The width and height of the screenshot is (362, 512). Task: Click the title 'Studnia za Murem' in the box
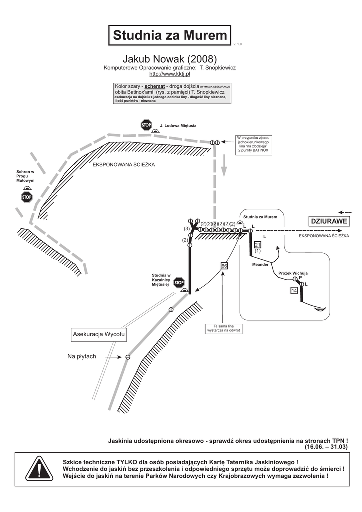(x=170, y=35)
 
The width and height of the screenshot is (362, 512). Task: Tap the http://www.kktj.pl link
(x=170, y=74)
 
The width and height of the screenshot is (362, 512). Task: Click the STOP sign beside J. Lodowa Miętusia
(x=146, y=125)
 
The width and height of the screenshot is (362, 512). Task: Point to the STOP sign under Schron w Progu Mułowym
(x=27, y=197)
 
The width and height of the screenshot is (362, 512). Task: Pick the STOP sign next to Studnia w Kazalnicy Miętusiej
(x=179, y=283)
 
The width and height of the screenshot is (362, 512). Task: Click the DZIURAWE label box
(x=328, y=221)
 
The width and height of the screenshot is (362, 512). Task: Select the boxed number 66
(x=224, y=266)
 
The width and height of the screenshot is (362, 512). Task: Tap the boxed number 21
(x=258, y=244)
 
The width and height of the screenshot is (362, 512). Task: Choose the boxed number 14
(x=294, y=290)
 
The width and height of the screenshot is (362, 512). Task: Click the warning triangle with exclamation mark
(x=39, y=469)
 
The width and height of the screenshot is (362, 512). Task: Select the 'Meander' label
(x=260, y=264)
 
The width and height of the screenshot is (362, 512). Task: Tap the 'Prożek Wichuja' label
(x=293, y=273)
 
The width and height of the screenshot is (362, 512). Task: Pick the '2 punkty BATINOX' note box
(x=254, y=144)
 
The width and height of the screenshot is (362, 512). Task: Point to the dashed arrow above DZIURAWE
(x=345, y=212)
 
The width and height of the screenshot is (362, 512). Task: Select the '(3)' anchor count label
(x=187, y=229)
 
